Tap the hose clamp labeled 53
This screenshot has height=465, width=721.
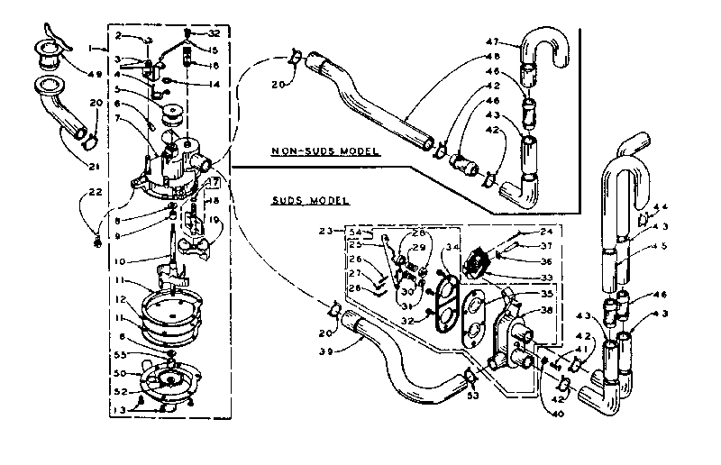click(x=469, y=378)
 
